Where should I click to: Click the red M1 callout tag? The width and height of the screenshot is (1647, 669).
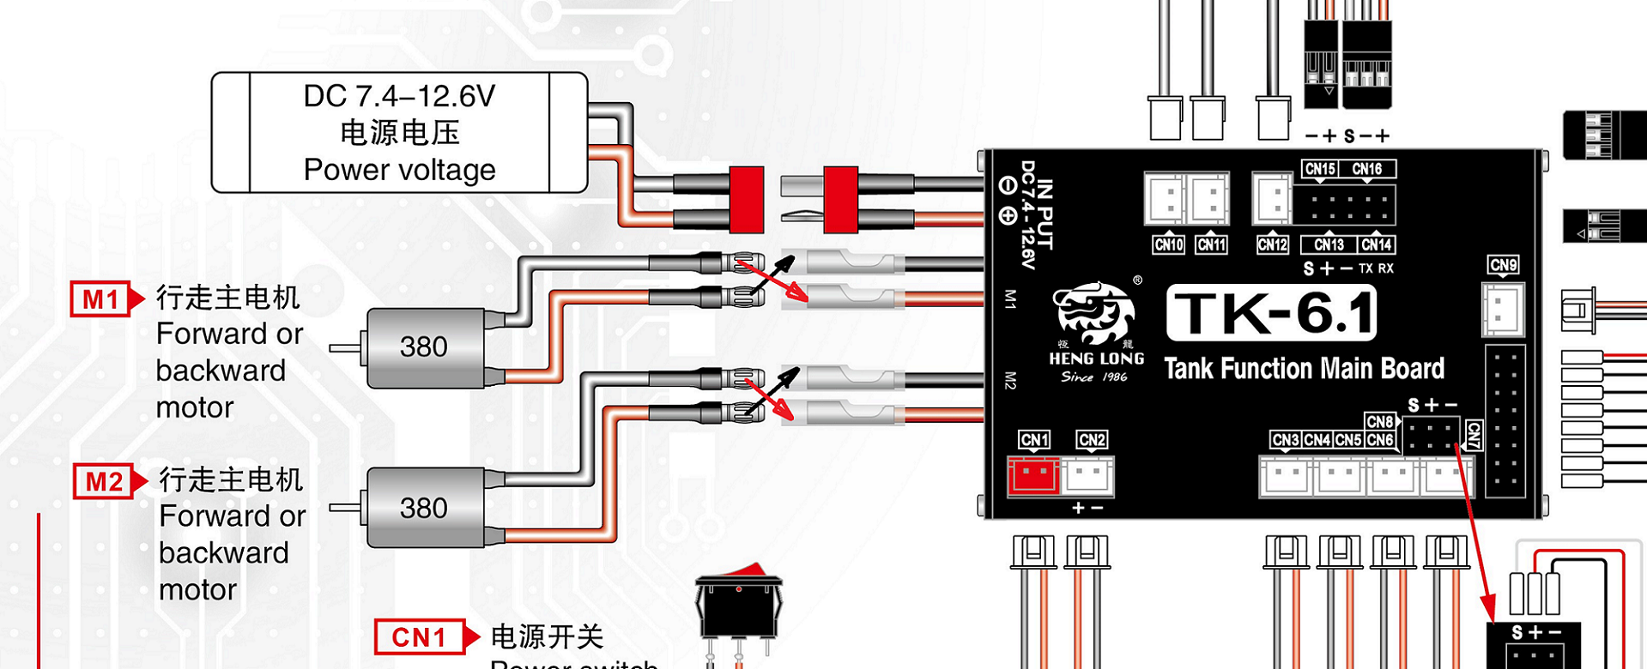pos(101,299)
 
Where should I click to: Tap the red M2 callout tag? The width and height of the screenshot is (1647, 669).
pos(105,481)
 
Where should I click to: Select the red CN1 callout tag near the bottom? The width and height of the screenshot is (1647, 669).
pos(420,637)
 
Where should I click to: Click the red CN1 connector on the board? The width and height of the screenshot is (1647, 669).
pos(1033,476)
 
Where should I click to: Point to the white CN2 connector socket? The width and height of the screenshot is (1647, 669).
pos(1089,476)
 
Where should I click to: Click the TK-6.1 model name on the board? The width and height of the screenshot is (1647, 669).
pos(1272,313)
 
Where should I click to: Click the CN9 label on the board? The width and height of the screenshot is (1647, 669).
pos(1503,265)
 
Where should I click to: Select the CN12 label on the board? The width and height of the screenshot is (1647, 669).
pos(1272,245)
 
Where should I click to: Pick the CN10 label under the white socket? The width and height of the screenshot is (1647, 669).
pos(1169,245)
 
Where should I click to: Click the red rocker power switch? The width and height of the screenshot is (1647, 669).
pos(739,600)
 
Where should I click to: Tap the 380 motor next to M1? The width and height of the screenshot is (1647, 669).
pos(424,347)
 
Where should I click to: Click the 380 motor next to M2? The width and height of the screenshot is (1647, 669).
pos(424,508)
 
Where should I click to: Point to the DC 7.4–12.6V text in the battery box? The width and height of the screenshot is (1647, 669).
pos(399,96)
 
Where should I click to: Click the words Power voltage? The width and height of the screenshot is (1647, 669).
pos(399,170)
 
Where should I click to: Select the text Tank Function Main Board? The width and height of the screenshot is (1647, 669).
pos(1304,369)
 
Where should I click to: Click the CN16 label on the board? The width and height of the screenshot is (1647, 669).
pos(1367,169)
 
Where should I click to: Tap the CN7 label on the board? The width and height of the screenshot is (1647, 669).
pos(1473,435)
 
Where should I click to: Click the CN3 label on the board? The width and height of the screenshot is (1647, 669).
pos(1286,440)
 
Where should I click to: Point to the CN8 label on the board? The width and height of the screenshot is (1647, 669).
pos(1379,421)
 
